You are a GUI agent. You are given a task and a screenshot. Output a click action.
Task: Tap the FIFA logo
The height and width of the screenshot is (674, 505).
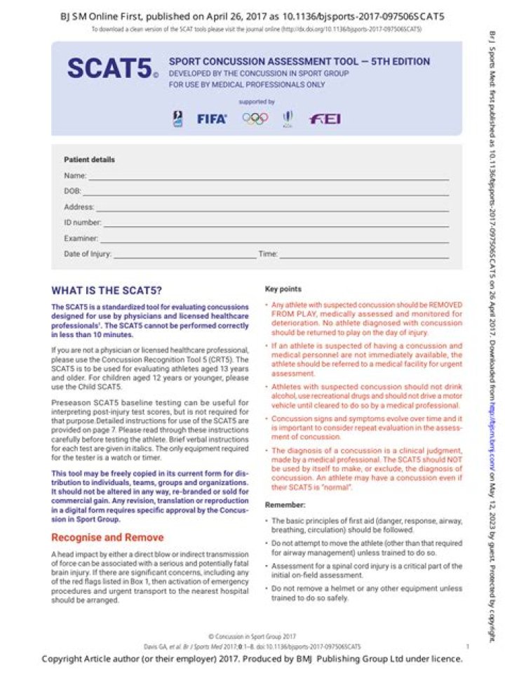[x=211, y=119]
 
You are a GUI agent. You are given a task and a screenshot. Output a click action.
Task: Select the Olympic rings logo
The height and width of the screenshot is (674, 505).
[x=255, y=119]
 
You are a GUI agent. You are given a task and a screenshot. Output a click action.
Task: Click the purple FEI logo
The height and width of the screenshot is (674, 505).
[x=325, y=119]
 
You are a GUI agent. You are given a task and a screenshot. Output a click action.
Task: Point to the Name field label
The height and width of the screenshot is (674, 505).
[x=75, y=176]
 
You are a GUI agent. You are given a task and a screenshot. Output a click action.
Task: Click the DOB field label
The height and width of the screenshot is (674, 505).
[x=72, y=191]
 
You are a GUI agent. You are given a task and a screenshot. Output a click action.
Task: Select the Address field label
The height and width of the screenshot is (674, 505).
[x=79, y=207]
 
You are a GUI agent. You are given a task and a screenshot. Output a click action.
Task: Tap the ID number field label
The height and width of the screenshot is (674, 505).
[x=82, y=223]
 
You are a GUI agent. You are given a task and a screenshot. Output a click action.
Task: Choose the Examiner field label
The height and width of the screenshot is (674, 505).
[x=81, y=239]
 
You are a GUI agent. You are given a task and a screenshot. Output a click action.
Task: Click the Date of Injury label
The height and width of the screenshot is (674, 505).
[x=87, y=254]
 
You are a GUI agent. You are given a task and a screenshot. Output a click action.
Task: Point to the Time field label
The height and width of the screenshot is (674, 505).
[x=268, y=254]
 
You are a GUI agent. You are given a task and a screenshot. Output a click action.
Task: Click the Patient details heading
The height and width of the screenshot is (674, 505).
[x=89, y=159]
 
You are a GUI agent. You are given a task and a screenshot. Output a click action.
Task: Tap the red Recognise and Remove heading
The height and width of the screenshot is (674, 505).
[x=107, y=518]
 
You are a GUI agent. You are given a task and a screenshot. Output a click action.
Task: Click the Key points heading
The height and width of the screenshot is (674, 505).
[x=283, y=289]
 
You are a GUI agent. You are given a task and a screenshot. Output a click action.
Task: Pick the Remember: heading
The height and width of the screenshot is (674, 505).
[x=284, y=505]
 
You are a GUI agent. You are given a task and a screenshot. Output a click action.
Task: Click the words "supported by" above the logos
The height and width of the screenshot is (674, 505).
[x=256, y=102]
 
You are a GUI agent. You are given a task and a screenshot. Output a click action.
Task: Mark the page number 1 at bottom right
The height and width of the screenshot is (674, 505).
[x=467, y=646]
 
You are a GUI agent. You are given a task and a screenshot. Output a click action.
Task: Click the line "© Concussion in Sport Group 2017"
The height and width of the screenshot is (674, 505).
[x=252, y=635]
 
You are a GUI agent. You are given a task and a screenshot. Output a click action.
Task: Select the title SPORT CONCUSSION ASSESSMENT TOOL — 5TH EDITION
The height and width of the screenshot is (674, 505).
[x=299, y=62]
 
